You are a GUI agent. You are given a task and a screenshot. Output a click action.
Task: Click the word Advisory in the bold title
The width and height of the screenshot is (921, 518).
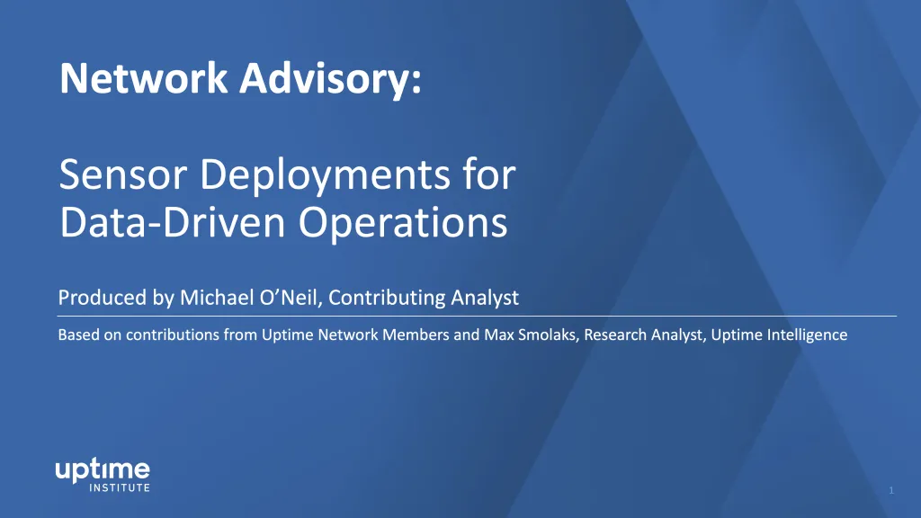(x=330, y=79)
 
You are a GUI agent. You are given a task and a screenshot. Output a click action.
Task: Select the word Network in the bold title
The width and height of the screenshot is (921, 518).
(x=143, y=78)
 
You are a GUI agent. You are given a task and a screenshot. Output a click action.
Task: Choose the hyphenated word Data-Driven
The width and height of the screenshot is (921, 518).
(x=173, y=222)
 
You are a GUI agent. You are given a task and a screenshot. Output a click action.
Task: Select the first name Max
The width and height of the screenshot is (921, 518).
(x=496, y=335)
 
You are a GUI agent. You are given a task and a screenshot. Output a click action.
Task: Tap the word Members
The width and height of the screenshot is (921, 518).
(x=416, y=335)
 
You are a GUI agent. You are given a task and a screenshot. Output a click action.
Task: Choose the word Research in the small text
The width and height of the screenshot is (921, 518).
(x=613, y=335)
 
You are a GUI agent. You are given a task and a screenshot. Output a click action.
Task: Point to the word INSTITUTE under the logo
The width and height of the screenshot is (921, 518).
(x=120, y=488)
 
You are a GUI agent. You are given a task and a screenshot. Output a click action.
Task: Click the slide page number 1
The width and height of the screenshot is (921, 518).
(x=891, y=490)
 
